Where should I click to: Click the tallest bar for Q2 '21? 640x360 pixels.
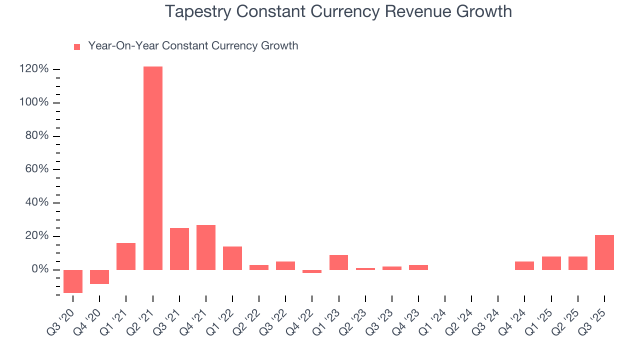pos(152,168)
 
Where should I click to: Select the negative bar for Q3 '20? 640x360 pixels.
pos(73,281)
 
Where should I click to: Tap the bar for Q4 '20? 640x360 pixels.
pos(99,277)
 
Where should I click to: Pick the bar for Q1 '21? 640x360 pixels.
pos(126,256)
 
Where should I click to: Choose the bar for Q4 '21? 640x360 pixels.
pos(206,247)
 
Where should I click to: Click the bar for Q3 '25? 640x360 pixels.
pos(604,252)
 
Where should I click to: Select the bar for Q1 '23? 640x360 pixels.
pos(338,262)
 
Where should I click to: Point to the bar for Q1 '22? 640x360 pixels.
pos(232,258)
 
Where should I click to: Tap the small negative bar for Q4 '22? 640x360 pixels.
pos(312,271)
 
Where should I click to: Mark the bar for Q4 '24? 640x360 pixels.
pos(524,265)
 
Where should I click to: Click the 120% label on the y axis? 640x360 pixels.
pos(34,69)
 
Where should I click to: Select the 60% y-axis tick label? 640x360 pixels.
pos(36,169)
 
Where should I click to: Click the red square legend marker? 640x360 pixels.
pos(77,47)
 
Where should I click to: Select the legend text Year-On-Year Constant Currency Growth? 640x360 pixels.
pos(193,46)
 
